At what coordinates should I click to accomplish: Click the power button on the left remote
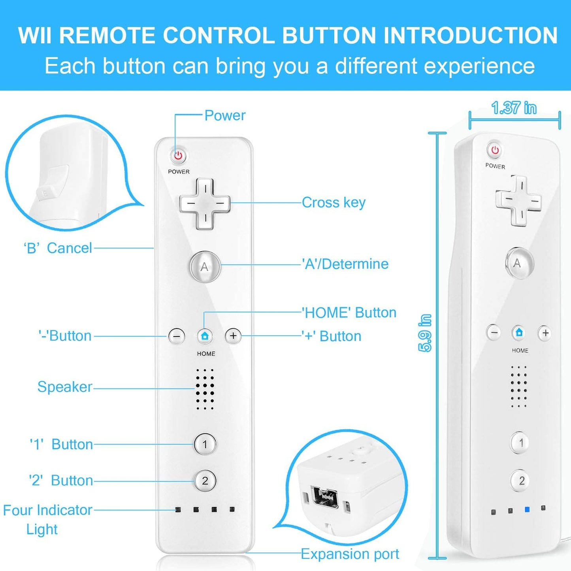178,155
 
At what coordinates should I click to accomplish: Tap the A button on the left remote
204,267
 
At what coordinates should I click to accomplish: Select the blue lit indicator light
527,510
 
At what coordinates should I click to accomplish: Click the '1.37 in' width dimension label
514,108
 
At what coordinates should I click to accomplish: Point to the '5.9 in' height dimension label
425,333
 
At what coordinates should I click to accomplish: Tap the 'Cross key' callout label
334,203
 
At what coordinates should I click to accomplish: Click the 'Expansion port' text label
350,554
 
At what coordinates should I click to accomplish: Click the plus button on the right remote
545,333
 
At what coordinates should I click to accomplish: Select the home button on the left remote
205,336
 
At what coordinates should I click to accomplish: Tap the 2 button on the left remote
205,481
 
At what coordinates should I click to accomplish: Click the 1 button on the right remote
520,443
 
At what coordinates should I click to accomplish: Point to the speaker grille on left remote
205,389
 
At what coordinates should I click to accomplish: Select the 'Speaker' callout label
65,387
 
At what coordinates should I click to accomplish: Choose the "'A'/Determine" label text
345,264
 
